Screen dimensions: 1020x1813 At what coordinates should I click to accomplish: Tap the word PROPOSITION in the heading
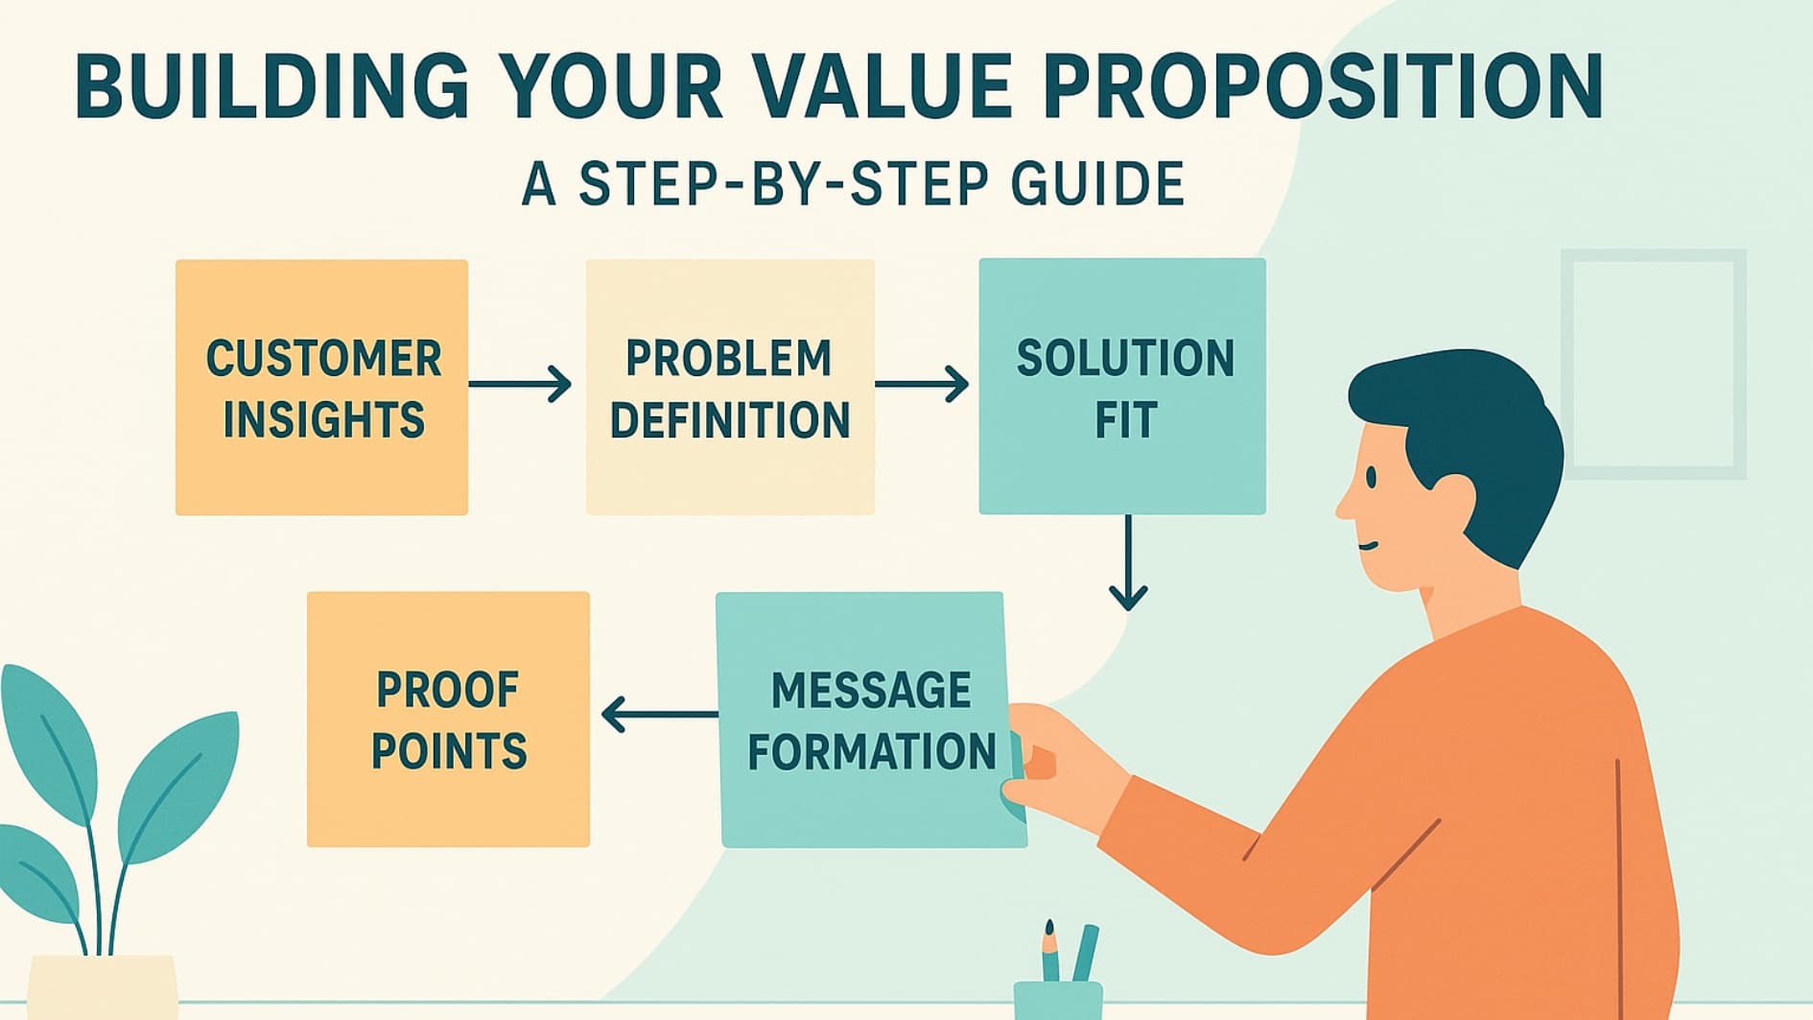point(1323,87)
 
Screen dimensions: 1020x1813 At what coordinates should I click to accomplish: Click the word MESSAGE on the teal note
point(871,690)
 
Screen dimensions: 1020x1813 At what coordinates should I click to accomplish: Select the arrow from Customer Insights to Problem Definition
point(521,385)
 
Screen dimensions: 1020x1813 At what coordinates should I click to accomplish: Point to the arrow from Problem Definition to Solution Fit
point(922,385)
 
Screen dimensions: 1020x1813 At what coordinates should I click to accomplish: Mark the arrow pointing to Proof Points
point(658,714)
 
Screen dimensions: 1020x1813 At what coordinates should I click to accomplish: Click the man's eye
point(1371,477)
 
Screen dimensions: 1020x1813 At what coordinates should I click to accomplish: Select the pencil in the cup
point(1051,951)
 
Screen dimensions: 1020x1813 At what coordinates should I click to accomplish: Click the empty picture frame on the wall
point(1653,365)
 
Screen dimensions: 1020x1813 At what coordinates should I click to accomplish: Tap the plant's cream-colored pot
point(102,987)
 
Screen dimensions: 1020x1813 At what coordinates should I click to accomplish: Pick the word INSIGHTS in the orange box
point(324,420)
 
